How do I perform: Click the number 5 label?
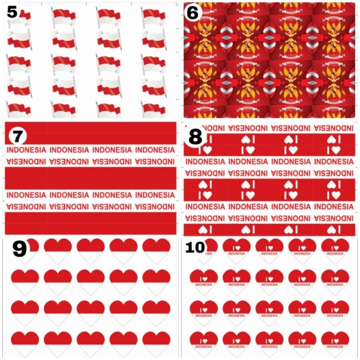[x=12, y=12]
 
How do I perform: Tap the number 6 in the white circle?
[x=192, y=13]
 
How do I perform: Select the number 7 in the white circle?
[x=17, y=134]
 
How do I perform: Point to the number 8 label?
[x=195, y=137]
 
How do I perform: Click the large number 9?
[x=19, y=249]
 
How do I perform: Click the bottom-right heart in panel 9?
[x=156, y=343]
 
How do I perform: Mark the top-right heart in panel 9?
[x=156, y=250]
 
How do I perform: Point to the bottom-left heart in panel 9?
[x=25, y=343]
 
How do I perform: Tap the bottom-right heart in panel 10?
[x=335, y=343]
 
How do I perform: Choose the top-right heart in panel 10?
[x=335, y=250]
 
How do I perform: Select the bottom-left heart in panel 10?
[x=203, y=343]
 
